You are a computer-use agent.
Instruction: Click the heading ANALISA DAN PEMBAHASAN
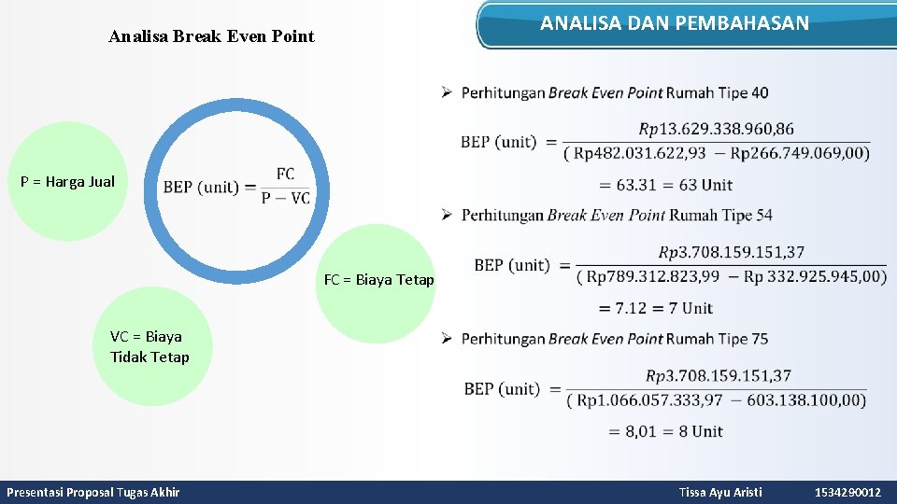[x=675, y=23]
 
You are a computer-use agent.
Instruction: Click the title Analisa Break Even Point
[x=211, y=37]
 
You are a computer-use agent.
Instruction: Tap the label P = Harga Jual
[x=67, y=182]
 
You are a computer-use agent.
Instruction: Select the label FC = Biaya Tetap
[x=378, y=279]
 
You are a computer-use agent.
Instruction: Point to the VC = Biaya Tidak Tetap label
[x=149, y=346]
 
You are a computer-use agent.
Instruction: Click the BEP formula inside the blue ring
[x=236, y=186]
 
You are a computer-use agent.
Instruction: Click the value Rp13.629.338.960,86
[x=717, y=129]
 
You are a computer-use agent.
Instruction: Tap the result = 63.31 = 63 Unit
[x=665, y=185]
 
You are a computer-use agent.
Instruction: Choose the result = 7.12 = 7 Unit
[x=656, y=308]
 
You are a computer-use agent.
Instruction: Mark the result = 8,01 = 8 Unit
[x=666, y=431]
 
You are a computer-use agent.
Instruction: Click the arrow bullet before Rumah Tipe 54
[x=448, y=216]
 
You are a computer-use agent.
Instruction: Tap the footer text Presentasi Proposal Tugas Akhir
[x=93, y=492]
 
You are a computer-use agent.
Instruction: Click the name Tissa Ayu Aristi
[x=720, y=492]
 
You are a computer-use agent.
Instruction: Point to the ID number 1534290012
[x=847, y=492]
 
